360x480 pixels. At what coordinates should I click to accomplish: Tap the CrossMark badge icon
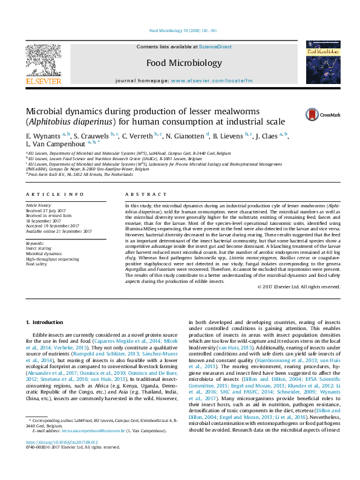tap(313, 114)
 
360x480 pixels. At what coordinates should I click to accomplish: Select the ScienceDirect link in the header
tap(215, 47)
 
